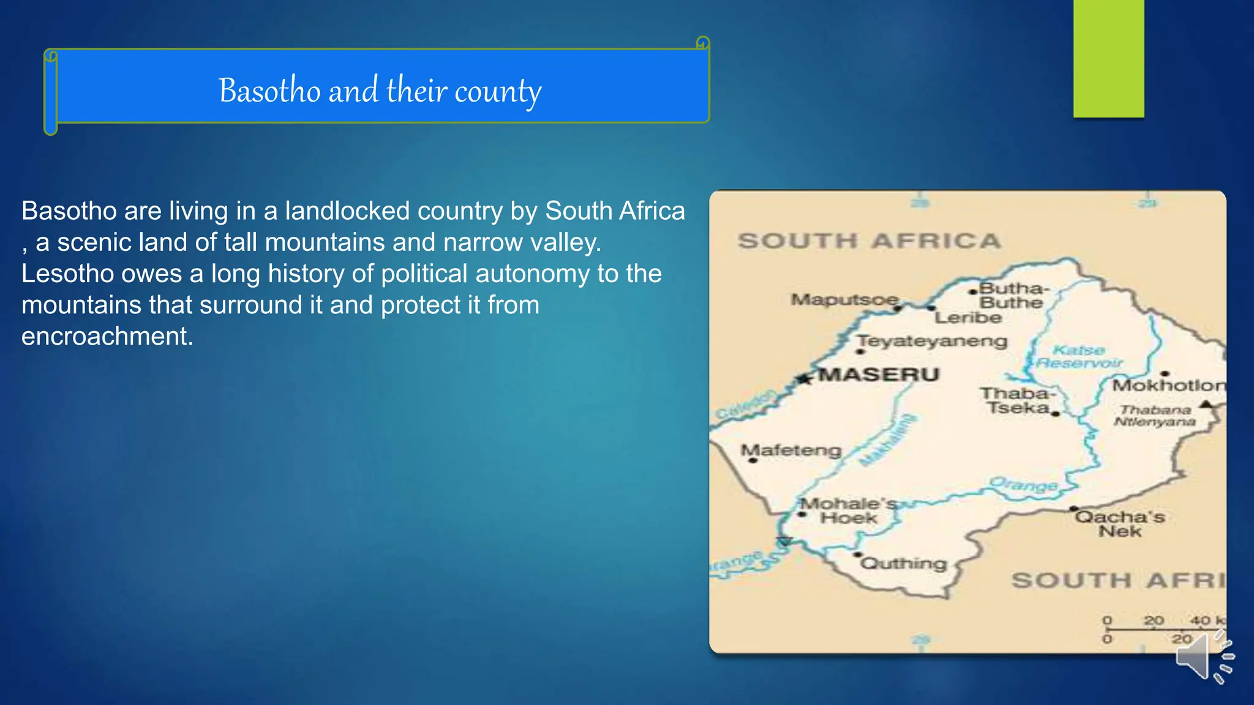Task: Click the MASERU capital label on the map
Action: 879,375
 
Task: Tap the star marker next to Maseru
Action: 804,379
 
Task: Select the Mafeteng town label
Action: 791,450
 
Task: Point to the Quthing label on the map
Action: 904,563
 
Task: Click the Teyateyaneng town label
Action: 932,341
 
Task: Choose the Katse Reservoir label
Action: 1079,357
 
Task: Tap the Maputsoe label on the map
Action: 844,300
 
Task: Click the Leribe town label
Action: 968,318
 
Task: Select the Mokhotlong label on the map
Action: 1168,386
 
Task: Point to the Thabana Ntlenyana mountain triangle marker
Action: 1206,404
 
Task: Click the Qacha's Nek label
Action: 1120,524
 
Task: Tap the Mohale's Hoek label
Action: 848,511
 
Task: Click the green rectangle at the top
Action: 1108,58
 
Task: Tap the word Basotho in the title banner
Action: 269,91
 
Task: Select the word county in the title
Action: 498,92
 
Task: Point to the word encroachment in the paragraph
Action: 107,336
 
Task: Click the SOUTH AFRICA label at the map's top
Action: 869,241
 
